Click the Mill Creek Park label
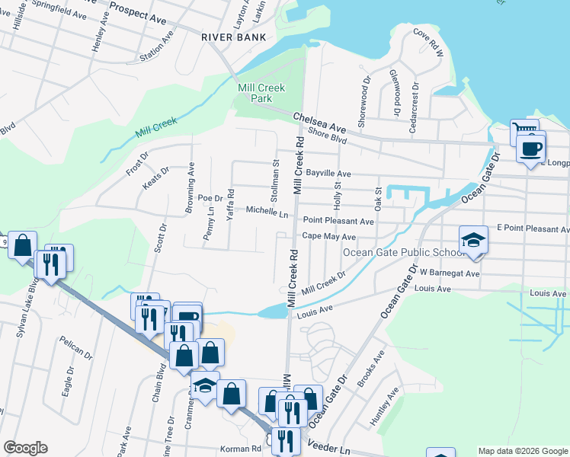261,94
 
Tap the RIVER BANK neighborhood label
233,37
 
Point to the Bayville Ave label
328,174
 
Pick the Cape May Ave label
328,236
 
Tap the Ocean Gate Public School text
402,253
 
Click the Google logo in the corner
25,448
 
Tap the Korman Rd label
240,449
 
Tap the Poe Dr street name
209,197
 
